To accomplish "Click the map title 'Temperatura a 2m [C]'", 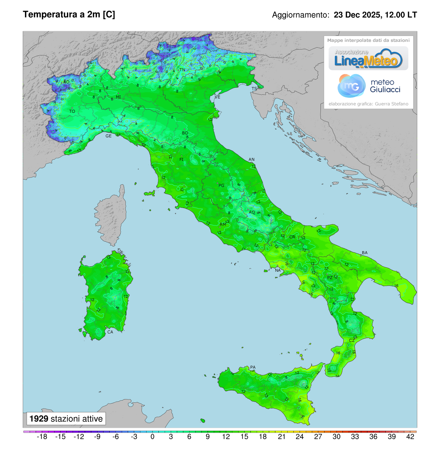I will click(69, 14).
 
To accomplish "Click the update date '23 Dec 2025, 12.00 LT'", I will click(375, 15).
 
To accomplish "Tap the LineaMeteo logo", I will click(368, 59).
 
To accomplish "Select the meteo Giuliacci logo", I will click(368, 86).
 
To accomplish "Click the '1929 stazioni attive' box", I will click(66, 419).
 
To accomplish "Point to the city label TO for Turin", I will click(72, 111).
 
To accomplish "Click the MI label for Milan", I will click(118, 97).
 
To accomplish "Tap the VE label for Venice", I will click(217, 97).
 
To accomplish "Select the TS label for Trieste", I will click(254, 89).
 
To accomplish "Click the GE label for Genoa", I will click(109, 136).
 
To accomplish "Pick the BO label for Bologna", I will click(185, 133).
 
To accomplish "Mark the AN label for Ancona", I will click(252, 159).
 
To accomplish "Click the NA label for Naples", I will click(278, 270).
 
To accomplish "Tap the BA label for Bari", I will click(364, 253).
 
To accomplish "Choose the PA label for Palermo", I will click(253, 367).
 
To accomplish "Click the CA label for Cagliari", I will click(110, 332).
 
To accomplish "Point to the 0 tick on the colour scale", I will click(153, 437).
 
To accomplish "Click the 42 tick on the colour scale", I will click(410, 437).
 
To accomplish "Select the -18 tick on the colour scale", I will click(43, 437).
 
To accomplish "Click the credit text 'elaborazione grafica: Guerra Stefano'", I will click(368, 104).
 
